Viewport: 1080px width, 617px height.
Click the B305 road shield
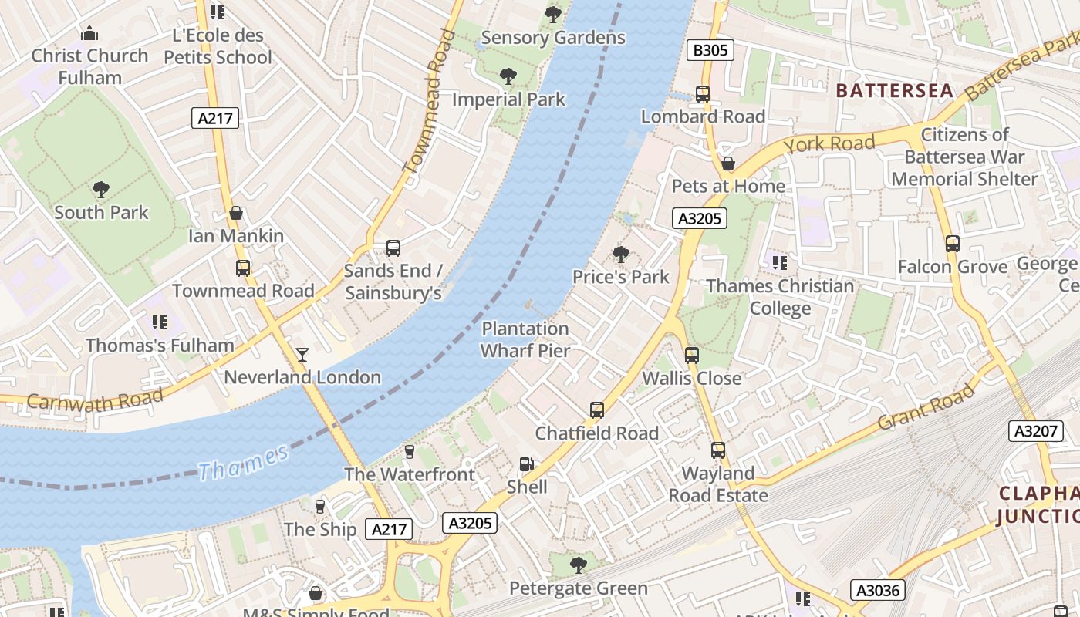click(710, 51)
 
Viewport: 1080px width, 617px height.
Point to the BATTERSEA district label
click(895, 90)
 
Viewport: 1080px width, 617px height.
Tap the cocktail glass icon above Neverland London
click(302, 354)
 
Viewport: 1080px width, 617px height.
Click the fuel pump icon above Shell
click(527, 464)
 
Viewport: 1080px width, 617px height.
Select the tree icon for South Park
click(100, 190)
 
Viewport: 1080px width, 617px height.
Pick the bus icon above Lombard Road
click(703, 94)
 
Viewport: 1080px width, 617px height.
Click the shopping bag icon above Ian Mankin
click(236, 213)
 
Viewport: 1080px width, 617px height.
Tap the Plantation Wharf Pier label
click(525, 339)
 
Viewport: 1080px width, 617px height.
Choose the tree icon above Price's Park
click(620, 255)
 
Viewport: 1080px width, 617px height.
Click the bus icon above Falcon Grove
click(953, 244)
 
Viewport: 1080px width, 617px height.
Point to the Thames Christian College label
click(780, 297)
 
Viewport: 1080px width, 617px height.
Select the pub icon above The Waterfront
click(410, 452)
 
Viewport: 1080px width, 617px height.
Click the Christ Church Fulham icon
click(89, 33)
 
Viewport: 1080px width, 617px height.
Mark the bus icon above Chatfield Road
click(597, 410)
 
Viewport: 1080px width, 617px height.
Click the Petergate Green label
click(578, 588)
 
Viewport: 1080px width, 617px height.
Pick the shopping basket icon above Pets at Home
click(727, 164)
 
